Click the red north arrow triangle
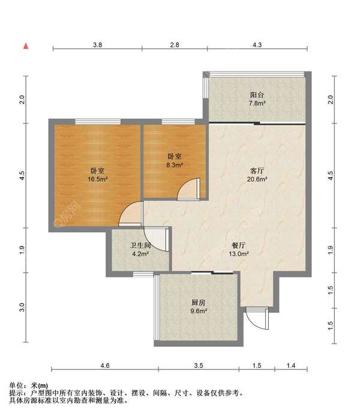pyautogui.click(x=26, y=46)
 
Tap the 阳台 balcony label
pyautogui.click(x=257, y=95)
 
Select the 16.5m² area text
pyautogui.click(x=97, y=179)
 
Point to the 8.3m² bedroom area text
pyautogui.click(x=175, y=165)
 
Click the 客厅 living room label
pyautogui.click(x=257, y=171)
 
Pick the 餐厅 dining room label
pyautogui.click(x=239, y=245)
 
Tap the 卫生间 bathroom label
pyautogui.click(x=140, y=245)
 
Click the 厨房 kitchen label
pyautogui.click(x=199, y=303)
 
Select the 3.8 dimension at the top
pyautogui.click(x=97, y=45)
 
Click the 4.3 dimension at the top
pyautogui.click(x=257, y=45)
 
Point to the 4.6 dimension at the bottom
pyautogui.click(x=105, y=366)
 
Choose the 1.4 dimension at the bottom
pyautogui.click(x=291, y=366)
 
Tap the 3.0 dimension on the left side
pyautogui.click(x=22, y=307)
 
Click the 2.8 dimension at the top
pyautogui.click(x=175, y=45)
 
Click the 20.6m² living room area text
pyautogui.click(x=257, y=179)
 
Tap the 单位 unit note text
pyautogui.click(x=16, y=386)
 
